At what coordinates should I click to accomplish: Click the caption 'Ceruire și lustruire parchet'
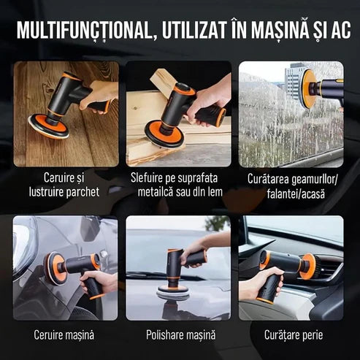click(x=64, y=185)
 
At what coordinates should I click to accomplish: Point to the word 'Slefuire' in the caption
click(x=147, y=178)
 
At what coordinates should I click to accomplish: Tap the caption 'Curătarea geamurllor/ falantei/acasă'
click(x=292, y=186)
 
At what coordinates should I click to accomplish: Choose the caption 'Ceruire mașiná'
click(x=64, y=335)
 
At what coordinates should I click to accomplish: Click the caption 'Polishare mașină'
click(x=180, y=335)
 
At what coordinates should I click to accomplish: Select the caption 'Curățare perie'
click(x=294, y=335)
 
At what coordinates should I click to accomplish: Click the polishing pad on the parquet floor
click(x=48, y=126)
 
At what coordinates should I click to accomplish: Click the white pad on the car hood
click(x=173, y=293)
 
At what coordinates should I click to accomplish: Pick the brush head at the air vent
click(x=310, y=266)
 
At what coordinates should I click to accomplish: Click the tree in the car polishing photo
click(x=218, y=223)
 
